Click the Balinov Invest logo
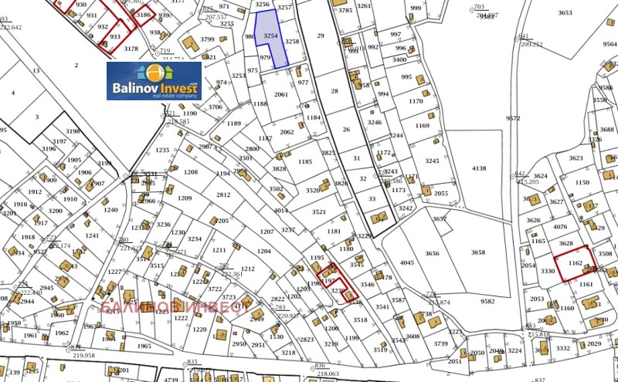(153, 80)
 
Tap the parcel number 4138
(479, 168)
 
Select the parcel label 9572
(514, 118)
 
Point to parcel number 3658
(478, 252)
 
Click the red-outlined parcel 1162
(575, 263)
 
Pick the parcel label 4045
(407, 262)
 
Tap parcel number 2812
(223, 194)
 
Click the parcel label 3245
(432, 161)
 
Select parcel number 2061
(282, 94)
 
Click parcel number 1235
(162, 150)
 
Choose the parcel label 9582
(487, 301)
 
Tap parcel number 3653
(565, 13)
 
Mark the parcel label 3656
(432, 253)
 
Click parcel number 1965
(144, 346)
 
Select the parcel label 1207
(267, 232)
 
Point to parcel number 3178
(131, 48)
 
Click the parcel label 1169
(422, 125)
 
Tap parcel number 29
(321, 35)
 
